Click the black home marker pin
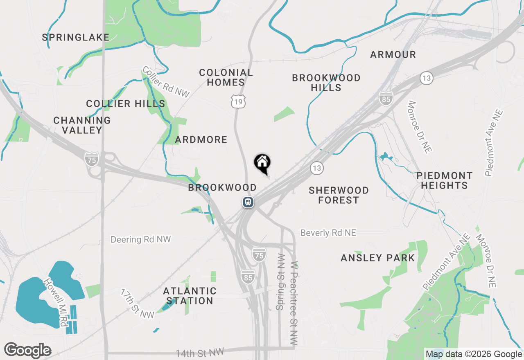click(262, 163)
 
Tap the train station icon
click(248, 202)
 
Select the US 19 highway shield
click(238, 101)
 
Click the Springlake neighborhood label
click(76, 38)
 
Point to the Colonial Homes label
click(226, 78)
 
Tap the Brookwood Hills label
click(326, 83)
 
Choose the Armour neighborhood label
click(393, 54)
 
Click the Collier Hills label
click(126, 104)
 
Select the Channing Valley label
click(82, 125)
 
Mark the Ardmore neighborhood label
click(201, 140)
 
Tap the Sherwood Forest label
click(339, 195)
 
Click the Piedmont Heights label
click(444, 180)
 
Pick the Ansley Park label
click(378, 258)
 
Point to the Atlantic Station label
click(190, 296)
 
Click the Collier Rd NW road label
click(166, 82)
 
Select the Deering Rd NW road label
click(141, 239)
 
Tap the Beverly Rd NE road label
click(328, 233)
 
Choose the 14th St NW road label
click(200, 352)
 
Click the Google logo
click(27, 351)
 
